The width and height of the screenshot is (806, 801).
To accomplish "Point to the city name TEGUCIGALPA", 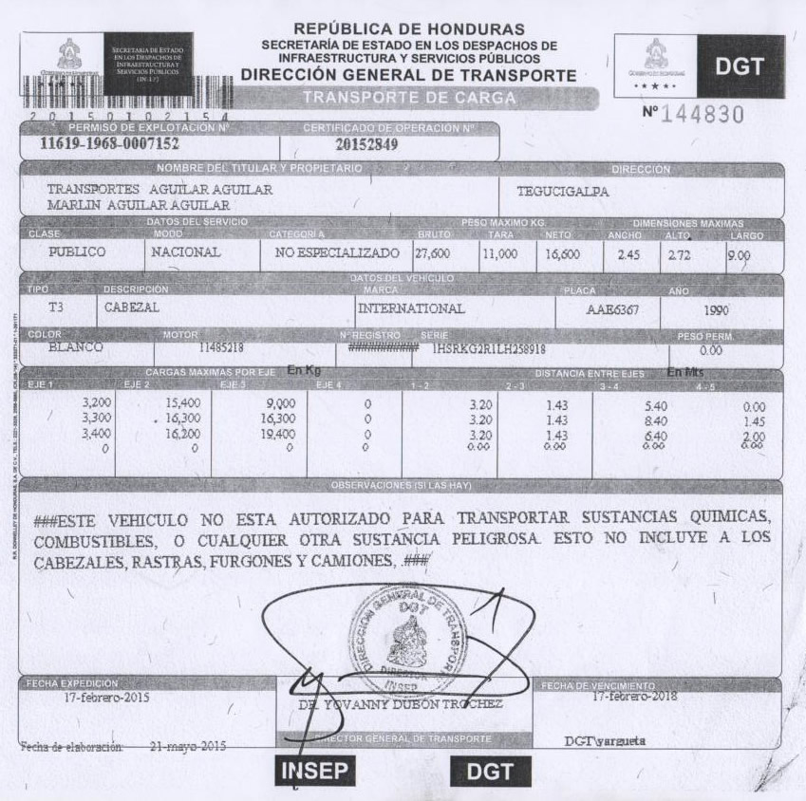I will pos(563,191).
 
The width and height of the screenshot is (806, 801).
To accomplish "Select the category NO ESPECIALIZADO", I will pos(336,253).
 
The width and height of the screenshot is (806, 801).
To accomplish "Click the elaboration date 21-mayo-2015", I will pos(188,746).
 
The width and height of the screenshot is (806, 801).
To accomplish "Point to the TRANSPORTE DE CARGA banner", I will pos(409,97).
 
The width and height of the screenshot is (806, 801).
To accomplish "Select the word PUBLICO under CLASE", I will pos(77,253).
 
